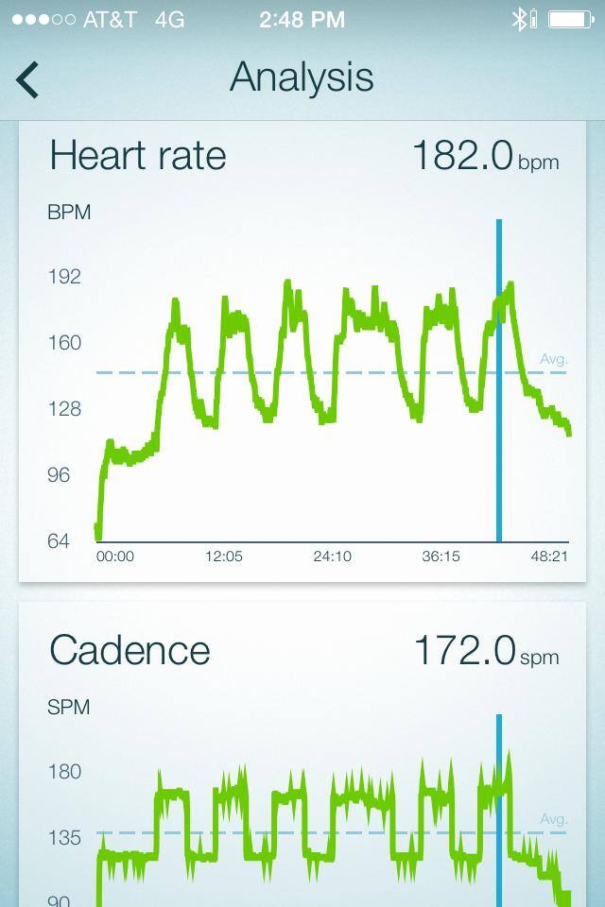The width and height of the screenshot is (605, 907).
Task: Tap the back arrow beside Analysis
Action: coord(27,79)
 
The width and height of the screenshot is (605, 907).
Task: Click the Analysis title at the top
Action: coord(302,77)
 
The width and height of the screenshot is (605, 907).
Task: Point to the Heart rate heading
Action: coord(138,155)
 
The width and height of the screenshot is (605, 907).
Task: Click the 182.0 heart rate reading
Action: coord(462,155)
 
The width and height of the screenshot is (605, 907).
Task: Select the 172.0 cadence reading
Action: coord(464,650)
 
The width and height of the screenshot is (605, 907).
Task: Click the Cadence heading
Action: coord(130,650)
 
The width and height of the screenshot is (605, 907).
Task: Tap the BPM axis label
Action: coord(69,213)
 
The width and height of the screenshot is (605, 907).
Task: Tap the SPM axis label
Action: coord(68,707)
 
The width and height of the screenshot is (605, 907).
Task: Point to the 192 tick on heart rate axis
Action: coord(64,277)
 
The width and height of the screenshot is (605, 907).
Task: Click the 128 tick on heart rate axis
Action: coord(64,409)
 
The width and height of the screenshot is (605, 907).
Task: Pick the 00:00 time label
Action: coord(115,556)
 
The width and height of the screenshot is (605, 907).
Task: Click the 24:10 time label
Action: coord(332,556)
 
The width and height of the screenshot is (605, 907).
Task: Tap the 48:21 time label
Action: coord(549,556)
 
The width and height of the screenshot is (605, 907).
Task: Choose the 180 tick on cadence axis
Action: coord(64,772)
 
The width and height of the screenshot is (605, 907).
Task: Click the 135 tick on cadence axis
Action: coord(64,838)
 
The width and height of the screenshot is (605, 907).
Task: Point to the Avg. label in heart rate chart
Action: coord(553,359)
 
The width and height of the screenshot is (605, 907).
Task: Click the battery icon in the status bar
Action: coord(570,19)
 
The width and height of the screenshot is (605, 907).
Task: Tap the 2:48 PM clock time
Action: coord(302,19)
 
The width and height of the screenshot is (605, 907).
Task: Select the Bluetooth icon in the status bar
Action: coord(519,19)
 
